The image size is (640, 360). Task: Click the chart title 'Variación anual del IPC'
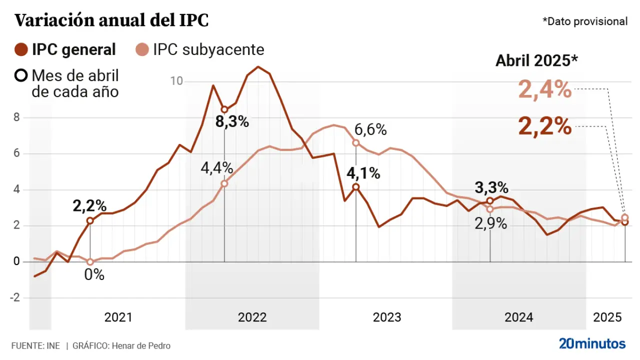coord(111,20)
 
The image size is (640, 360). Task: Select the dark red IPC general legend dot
coord(21,49)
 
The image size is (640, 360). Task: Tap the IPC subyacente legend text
coord(208,49)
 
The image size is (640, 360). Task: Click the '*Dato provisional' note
coord(584,21)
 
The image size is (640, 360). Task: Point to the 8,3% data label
coord(232,121)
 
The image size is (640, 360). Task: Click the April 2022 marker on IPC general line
coord(224,109)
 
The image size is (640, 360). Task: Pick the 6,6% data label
coord(370,130)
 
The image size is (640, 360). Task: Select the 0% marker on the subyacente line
coord(90,261)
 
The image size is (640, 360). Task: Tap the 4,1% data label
coord(363,173)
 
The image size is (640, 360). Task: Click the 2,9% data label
coord(490,224)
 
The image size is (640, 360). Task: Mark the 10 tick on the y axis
coord(176,81)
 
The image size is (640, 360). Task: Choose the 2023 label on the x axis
coord(386,317)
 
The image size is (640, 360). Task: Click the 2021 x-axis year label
coord(118,317)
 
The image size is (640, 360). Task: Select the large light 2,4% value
coord(544,90)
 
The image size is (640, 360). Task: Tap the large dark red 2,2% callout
coord(544,126)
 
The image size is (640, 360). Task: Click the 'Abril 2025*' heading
coord(536,60)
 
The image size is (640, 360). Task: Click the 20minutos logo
coord(592,344)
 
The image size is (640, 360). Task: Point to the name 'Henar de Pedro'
coord(141,345)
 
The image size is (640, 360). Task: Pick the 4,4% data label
coord(217,168)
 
